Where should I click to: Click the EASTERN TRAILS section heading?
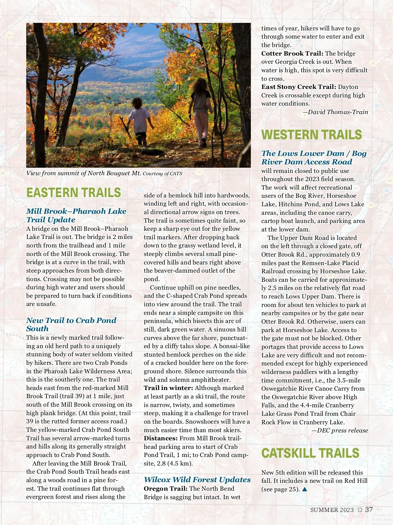click(x=74, y=193)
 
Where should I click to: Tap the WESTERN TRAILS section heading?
click(x=311, y=135)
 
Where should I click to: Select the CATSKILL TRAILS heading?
click(x=310, y=453)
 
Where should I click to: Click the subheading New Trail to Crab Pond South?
click(x=71, y=324)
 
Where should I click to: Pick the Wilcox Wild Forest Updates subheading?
click(x=197, y=480)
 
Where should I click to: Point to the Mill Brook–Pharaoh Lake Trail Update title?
click(x=76, y=215)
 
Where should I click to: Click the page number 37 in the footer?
click(x=369, y=510)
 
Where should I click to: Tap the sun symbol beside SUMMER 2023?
click(x=360, y=510)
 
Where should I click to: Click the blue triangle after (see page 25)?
click(x=305, y=489)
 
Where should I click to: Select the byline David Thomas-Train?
click(x=338, y=112)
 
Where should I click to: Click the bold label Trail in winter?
click(x=168, y=388)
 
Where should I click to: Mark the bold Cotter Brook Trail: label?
click(x=292, y=54)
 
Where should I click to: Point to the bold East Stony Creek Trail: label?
click(x=299, y=87)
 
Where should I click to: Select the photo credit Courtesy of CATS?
click(x=162, y=174)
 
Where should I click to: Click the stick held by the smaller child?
click(x=126, y=127)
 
